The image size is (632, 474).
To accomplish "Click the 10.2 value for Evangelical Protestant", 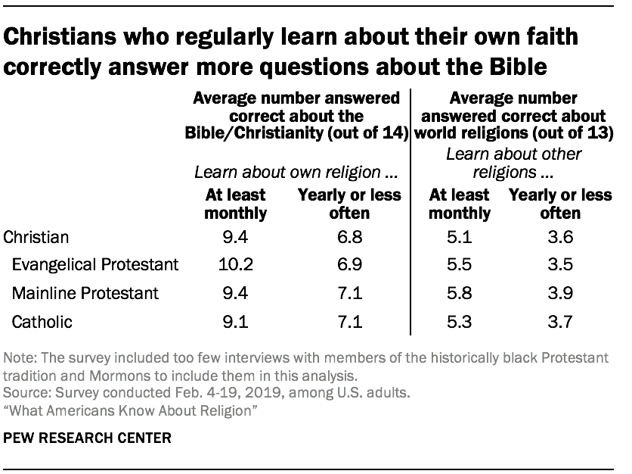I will point(235,264).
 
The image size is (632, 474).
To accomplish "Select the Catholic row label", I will point(42,322).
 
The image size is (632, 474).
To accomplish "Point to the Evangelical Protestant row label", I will point(94,264).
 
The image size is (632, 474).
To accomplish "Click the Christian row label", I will point(36,236).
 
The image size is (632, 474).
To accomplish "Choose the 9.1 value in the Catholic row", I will point(235,322).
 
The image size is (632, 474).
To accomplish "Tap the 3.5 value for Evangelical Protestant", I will point(559,264).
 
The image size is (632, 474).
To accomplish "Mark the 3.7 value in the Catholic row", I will point(559,322).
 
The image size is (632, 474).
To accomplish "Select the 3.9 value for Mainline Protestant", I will point(559,293).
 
